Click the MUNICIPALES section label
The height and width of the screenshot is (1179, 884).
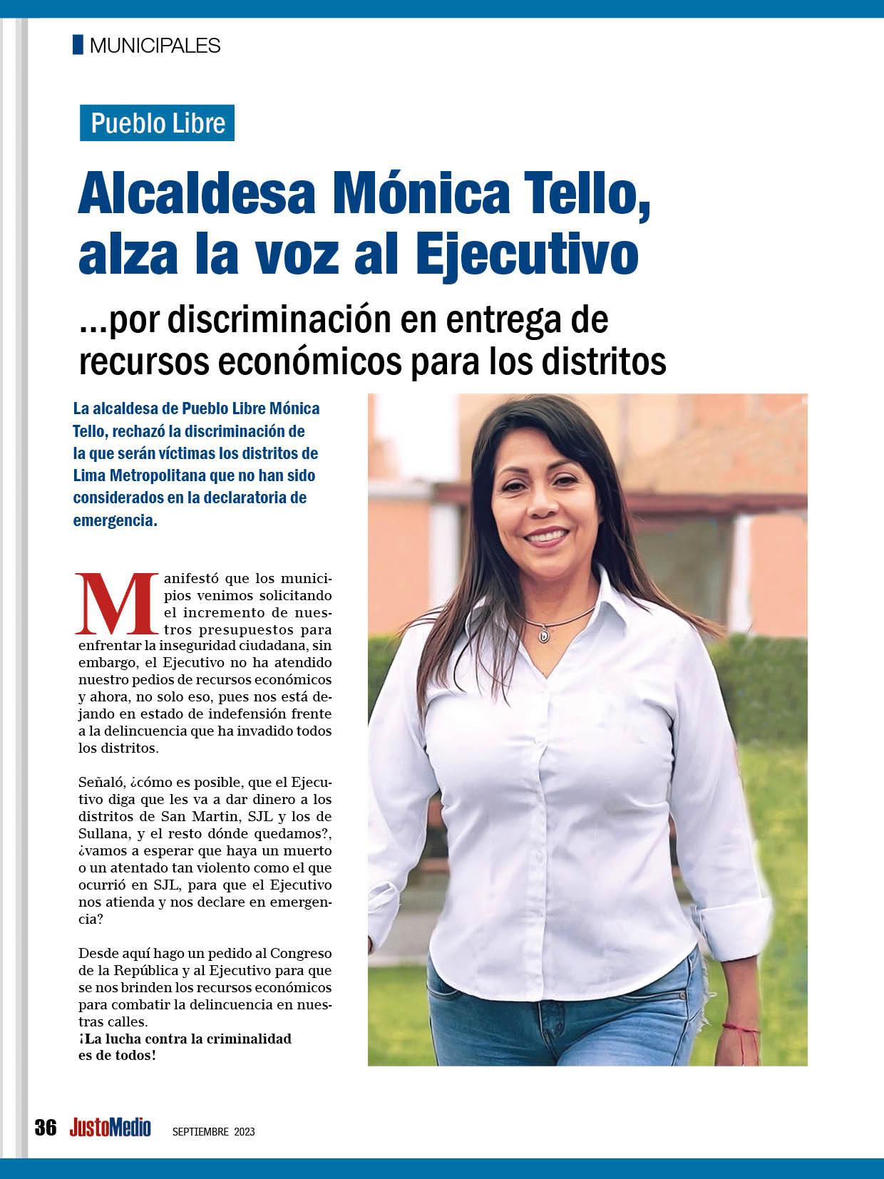coord(155,46)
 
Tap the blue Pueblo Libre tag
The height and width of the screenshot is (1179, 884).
coord(157,123)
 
